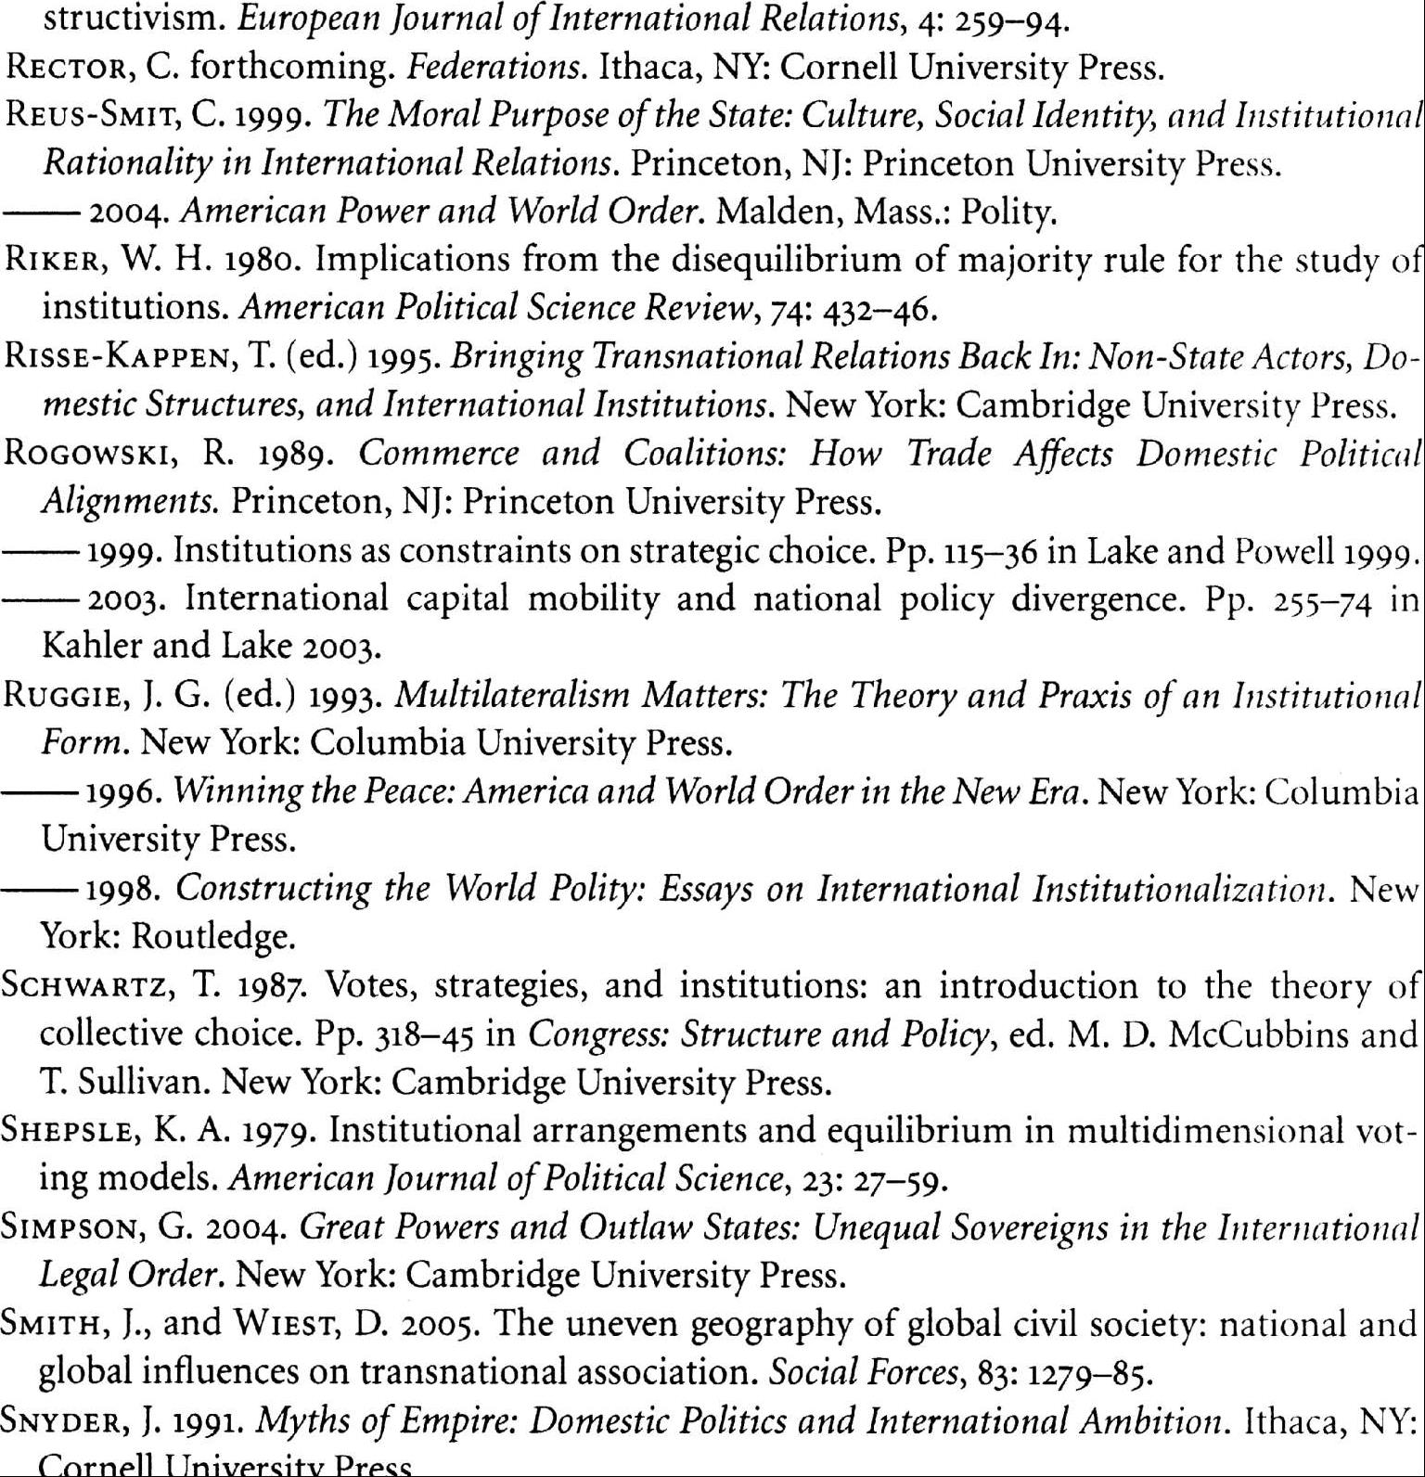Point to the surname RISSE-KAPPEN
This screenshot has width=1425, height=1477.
tap(121, 357)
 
